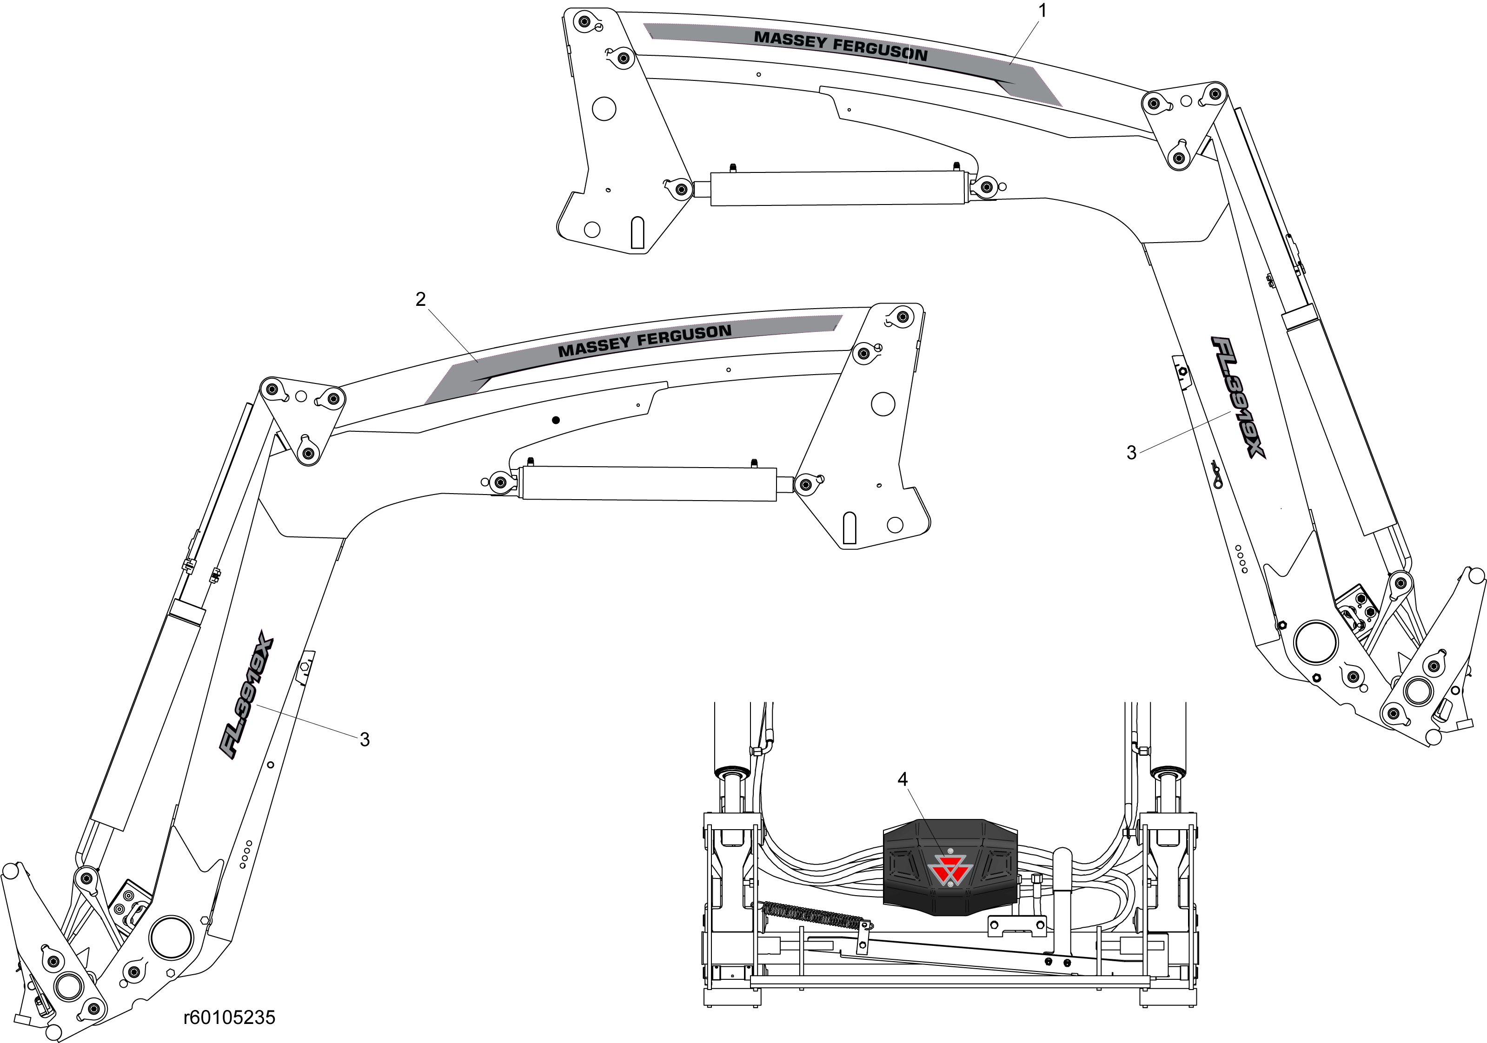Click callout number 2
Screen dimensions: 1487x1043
coord(421,299)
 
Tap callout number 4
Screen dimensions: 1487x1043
coord(903,779)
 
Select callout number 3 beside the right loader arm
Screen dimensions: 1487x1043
coord(1131,453)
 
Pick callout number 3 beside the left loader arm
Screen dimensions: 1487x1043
coord(365,739)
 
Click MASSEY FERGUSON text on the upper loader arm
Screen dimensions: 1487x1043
coord(841,46)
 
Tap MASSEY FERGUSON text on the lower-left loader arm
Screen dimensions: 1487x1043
coord(644,341)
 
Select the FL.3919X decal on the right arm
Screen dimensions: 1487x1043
coord(1238,397)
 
